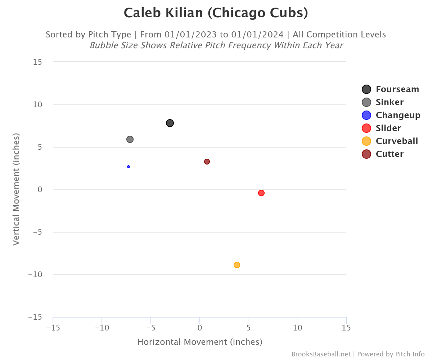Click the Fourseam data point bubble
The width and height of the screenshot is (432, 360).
tap(170, 123)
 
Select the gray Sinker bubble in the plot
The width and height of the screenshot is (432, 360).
tap(130, 139)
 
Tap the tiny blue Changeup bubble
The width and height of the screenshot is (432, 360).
tap(129, 167)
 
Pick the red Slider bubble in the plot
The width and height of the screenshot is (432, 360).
tap(261, 193)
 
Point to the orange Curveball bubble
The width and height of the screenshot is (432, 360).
tap(237, 265)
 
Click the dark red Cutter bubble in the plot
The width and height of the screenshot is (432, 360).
tap(207, 162)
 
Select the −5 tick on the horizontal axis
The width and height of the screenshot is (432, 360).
tap(150, 328)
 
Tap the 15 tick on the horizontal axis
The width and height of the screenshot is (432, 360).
tap(346, 328)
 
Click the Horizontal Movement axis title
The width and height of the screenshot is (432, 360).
tap(200, 342)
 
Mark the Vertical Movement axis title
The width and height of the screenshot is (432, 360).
tap(16, 189)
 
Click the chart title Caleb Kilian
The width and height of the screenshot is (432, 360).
tap(216, 13)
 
